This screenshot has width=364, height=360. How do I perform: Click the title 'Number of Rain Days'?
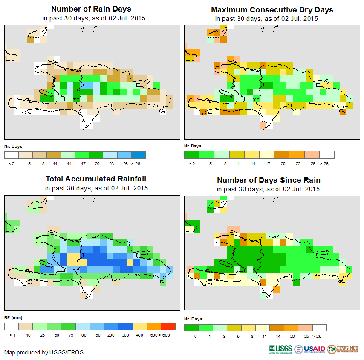tap(91, 9)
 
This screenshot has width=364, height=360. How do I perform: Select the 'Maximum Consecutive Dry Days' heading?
tap(272, 9)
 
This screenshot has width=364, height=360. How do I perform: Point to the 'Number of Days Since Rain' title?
tap(269, 180)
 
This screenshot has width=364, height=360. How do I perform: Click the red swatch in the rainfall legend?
tap(168, 326)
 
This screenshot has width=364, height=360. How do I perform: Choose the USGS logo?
tap(281, 349)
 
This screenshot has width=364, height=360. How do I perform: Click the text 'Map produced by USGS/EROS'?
tap(44, 352)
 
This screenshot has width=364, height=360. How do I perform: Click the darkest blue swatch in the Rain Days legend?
tap(139, 155)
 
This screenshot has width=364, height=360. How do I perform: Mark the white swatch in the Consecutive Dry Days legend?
tap(327, 155)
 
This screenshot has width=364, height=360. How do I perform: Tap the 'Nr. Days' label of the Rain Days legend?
tap(13, 146)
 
